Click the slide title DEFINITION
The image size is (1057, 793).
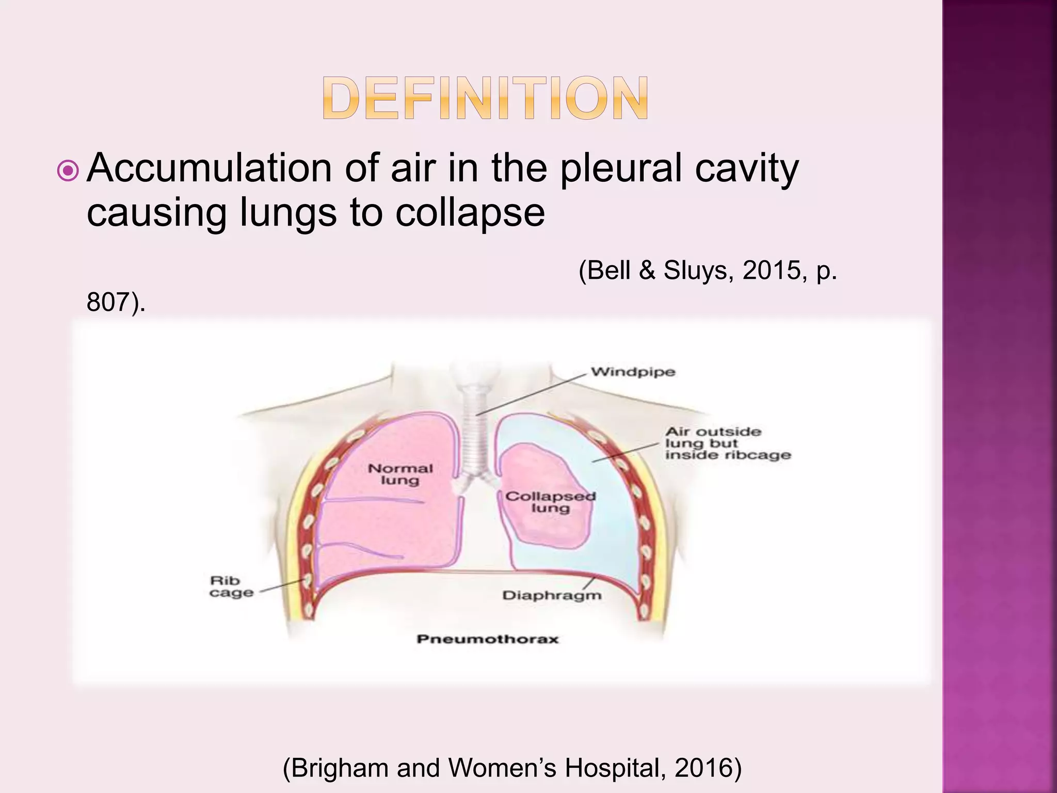tap(486, 98)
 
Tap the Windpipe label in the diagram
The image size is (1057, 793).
tap(633, 372)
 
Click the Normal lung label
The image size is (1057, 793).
tap(400, 474)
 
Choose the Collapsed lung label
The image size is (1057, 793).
tap(550, 502)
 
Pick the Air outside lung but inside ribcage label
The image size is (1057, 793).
tap(727, 443)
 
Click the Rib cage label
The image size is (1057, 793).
tap(231, 586)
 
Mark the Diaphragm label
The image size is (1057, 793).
tap(552, 595)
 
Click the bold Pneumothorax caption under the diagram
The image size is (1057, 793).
tap(488, 639)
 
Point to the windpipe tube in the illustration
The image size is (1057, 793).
tap(474, 434)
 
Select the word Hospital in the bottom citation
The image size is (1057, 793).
tap(612, 768)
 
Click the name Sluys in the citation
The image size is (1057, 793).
tap(695, 270)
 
